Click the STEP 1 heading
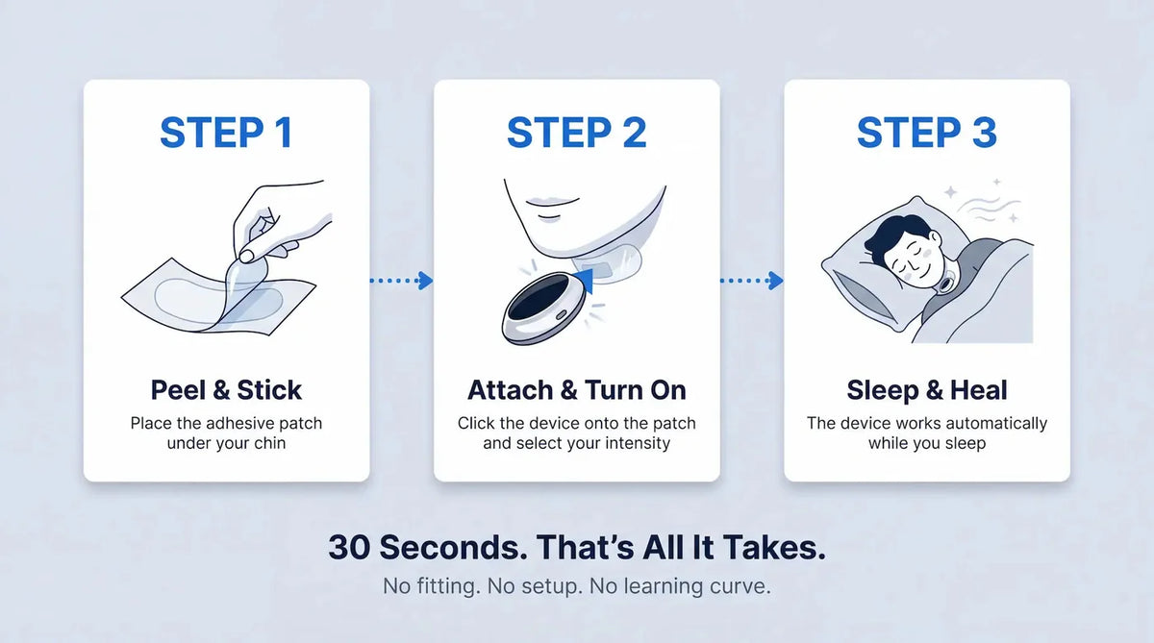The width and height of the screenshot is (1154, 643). [x=226, y=133]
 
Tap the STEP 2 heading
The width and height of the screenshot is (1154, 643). [x=576, y=133]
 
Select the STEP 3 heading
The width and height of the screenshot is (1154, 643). [x=927, y=133]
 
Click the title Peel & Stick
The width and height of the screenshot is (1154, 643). [x=226, y=389]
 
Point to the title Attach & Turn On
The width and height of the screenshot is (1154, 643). [x=576, y=389]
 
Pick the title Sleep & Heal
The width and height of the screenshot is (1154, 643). [x=927, y=389]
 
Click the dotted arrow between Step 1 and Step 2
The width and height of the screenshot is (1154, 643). [x=401, y=281]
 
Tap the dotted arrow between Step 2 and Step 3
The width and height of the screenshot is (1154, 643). [x=752, y=281]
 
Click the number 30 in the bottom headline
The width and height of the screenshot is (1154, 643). [x=349, y=547]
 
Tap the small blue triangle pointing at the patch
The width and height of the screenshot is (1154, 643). [x=584, y=283]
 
